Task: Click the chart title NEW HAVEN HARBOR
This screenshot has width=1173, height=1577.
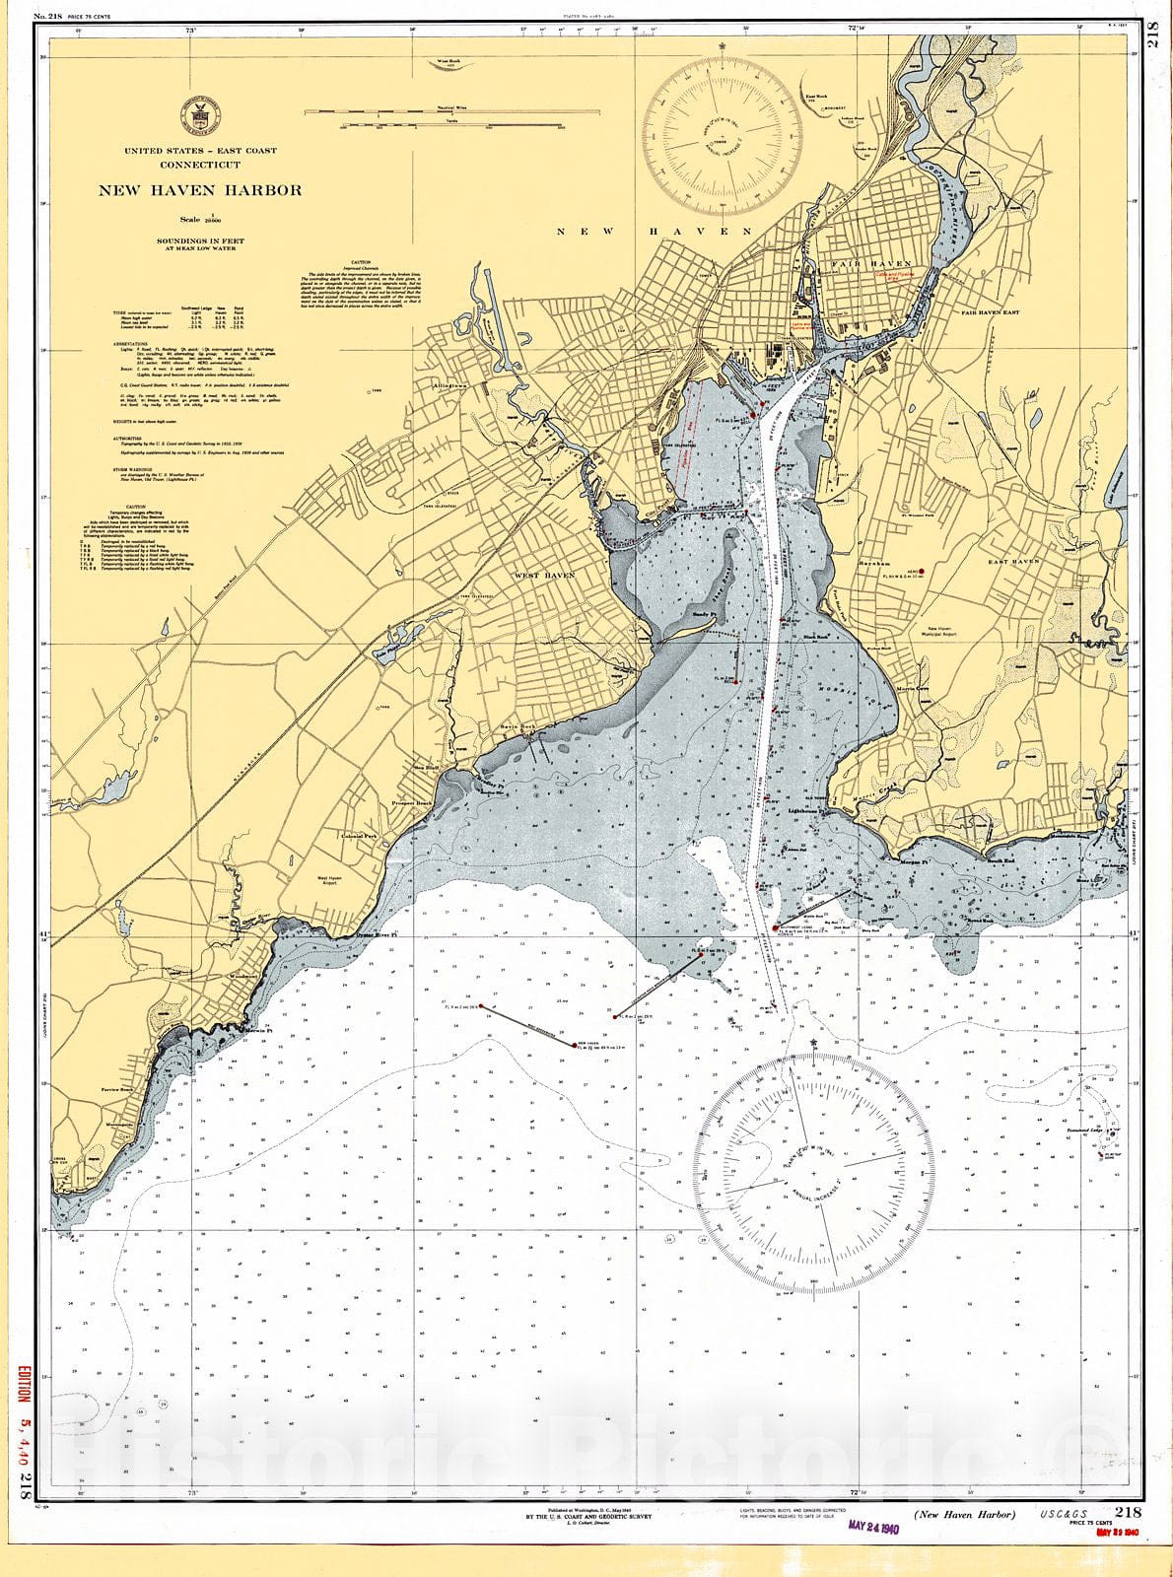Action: [x=199, y=190]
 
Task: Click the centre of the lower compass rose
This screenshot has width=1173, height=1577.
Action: [x=815, y=1174]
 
